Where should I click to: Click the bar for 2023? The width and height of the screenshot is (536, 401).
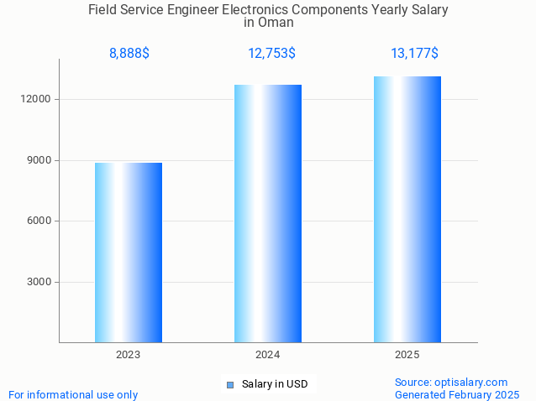click(129, 253)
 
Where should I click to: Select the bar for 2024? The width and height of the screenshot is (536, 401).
click(268, 213)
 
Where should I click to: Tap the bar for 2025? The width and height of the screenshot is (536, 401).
click(407, 209)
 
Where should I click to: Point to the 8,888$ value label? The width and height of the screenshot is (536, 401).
click(129, 54)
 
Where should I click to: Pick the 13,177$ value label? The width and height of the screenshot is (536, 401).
click(414, 54)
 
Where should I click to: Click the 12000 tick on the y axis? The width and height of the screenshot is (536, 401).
click(38, 99)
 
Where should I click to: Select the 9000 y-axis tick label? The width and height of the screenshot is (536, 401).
click(40, 160)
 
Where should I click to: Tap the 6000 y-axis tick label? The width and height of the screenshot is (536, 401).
click(40, 221)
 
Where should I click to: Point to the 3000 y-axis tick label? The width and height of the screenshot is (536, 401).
click(40, 282)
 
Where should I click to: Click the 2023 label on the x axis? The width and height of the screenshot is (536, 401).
click(129, 355)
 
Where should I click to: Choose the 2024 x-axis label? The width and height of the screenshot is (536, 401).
click(268, 355)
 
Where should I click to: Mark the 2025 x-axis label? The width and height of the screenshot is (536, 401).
click(407, 355)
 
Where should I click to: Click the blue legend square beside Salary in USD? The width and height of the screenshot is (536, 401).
click(229, 385)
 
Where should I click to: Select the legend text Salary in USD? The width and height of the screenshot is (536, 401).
click(275, 384)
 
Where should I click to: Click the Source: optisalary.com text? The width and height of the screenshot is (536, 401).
click(451, 382)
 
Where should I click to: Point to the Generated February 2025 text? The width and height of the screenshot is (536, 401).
click(457, 394)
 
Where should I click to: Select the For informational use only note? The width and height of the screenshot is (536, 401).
click(73, 394)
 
